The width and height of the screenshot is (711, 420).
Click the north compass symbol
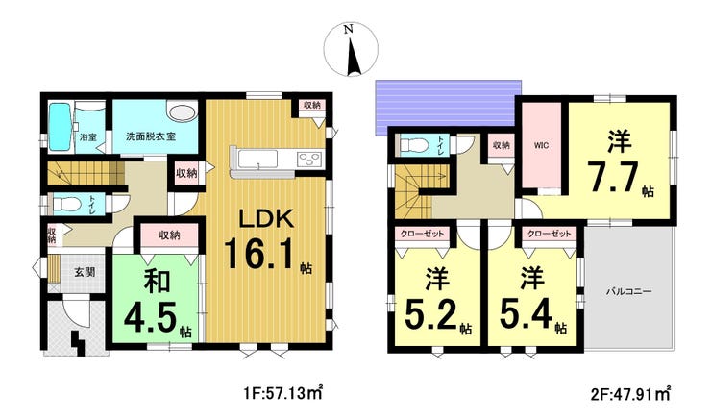point(351,49)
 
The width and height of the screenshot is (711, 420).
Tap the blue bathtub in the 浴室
point(60,127)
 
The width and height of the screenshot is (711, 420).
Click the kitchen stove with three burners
point(309,160)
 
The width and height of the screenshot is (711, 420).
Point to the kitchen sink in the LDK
point(256,160)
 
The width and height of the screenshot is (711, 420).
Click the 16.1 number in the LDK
point(260,254)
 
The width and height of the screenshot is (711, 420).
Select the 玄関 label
point(85,273)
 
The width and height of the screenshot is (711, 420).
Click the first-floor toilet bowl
point(67,205)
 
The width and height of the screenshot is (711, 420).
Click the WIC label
point(541,145)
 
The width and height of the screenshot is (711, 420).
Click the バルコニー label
point(629,291)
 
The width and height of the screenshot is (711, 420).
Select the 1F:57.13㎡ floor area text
point(279,392)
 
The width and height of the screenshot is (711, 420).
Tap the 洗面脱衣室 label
point(151,136)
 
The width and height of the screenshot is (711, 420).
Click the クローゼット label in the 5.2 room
point(422,234)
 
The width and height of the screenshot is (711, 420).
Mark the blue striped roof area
point(448,108)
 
